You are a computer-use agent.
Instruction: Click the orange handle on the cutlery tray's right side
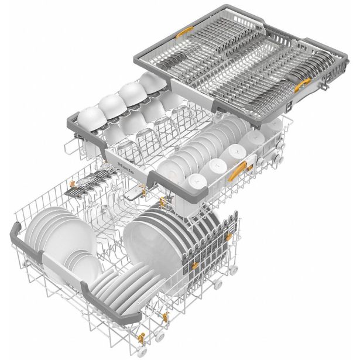300,86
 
